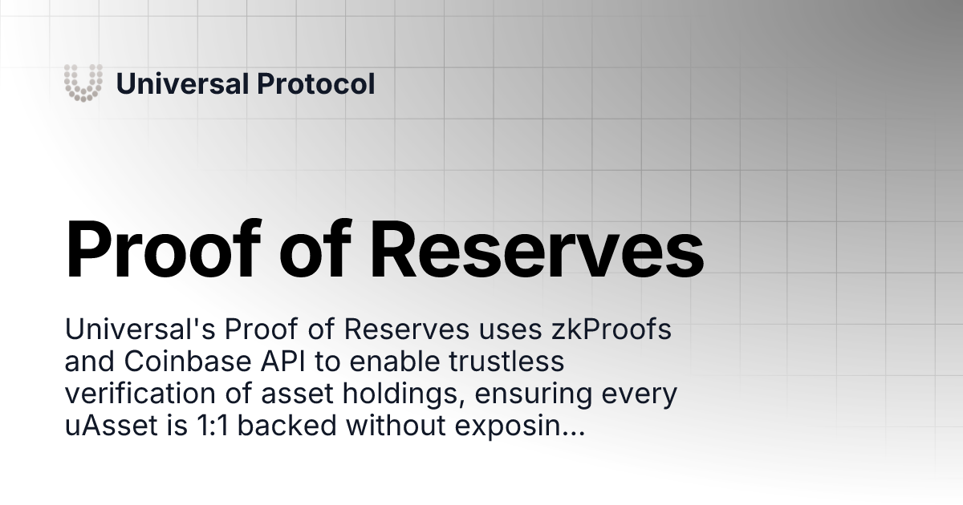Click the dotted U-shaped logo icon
coord(83,83)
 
